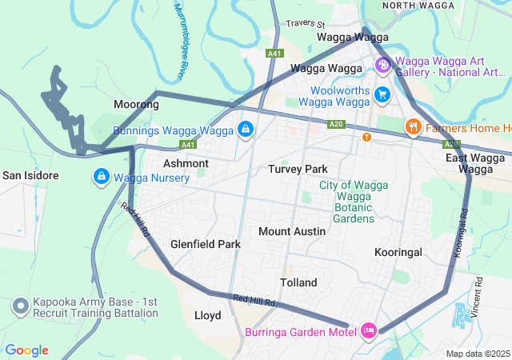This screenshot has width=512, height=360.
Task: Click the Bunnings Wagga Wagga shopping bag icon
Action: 246,129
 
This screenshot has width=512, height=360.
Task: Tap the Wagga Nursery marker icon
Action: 102,176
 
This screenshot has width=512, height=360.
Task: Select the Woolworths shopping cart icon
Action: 382,94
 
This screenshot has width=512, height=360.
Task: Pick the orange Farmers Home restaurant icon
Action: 413,126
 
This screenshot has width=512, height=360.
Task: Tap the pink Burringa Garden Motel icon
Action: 369,330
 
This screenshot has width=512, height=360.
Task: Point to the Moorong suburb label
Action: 136,105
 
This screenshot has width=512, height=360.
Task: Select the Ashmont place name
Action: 186,163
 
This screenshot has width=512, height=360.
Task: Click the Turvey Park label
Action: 298,169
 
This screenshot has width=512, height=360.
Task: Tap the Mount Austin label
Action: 292,231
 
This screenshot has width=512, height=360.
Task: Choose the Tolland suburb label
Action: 298,282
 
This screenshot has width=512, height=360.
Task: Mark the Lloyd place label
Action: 208,315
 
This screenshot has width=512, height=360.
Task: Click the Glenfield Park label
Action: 206,244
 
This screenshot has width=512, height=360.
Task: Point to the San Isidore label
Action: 30,175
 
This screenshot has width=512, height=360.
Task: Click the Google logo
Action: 26,350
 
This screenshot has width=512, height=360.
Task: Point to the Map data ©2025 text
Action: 478,354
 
